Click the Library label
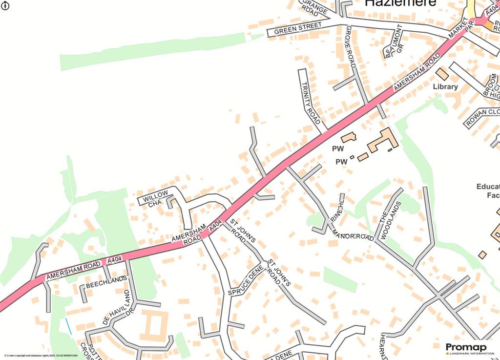pyautogui.click(x=445, y=87)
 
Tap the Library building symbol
pyautogui.click(x=442, y=74)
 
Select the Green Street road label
pyautogui.click(x=298, y=28)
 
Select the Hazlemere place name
pyautogui.click(x=400, y=3)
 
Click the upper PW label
pyautogui.click(x=338, y=148)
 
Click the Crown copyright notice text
pyautogui.click(x=41, y=356)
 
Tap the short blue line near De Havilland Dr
pyautogui.click(x=68, y=326)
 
